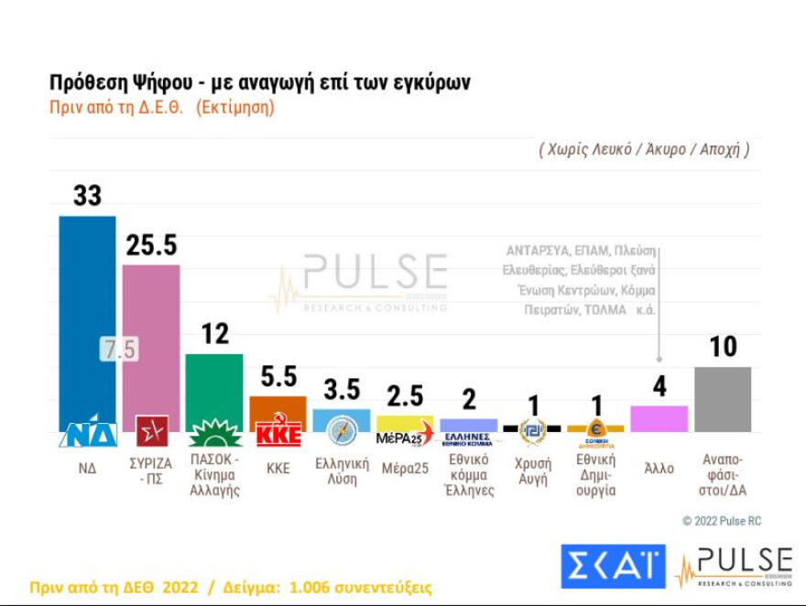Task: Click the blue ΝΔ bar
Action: [x=87, y=311]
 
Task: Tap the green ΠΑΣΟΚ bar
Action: [x=214, y=384]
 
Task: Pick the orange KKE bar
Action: [x=278, y=407]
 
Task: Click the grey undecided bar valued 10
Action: [x=723, y=399]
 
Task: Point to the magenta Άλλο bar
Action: [x=659, y=418]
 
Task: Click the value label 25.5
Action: [x=151, y=245]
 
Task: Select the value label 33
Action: [x=87, y=196]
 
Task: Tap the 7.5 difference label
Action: [x=119, y=349]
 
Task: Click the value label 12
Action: [x=214, y=334]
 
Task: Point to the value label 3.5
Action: [x=342, y=389]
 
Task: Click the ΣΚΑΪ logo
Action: [x=613, y=567]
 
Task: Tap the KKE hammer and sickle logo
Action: [x=278, y=432]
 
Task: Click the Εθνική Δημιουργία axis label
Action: [x=595, y=474]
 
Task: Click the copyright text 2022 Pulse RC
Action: [x=722, y=521]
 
